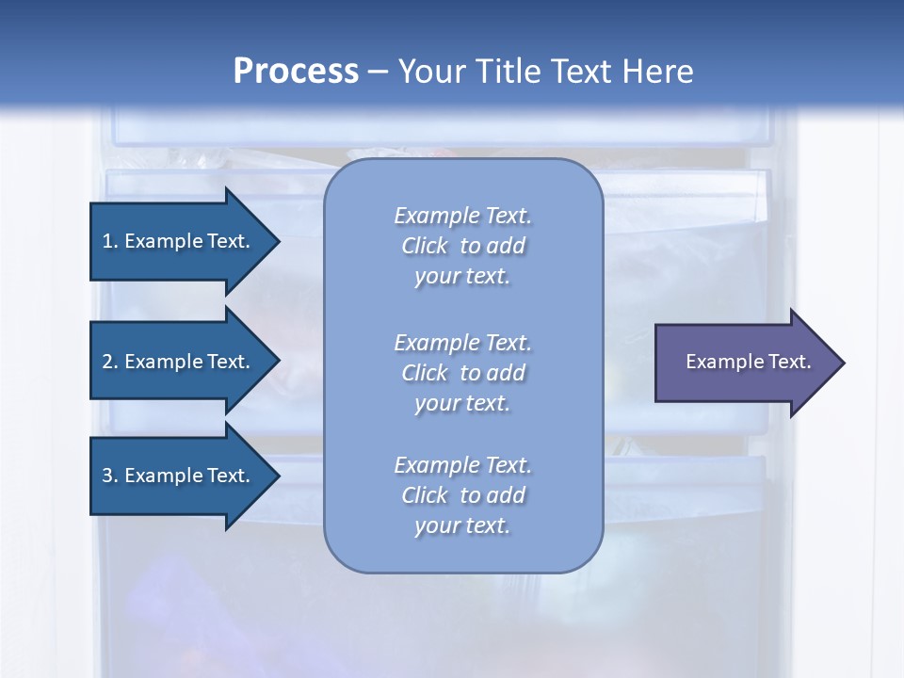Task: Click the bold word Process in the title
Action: tap(296, 71)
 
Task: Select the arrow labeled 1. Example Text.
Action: tap(175, 241)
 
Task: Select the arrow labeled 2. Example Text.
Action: tap(175, 362)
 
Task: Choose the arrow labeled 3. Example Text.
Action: tap(175, 476)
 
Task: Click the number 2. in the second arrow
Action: tap(109, 362)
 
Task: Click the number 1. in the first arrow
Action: tap(109, 241)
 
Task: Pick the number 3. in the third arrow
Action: tap(109, 476)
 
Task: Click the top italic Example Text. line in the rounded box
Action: tap(462, 216)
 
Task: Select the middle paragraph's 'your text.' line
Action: tap(462, 403)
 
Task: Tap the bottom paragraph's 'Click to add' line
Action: tap(462, 495)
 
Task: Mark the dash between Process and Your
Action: tap(378, 72)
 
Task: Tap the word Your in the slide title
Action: tap(431, 71)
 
